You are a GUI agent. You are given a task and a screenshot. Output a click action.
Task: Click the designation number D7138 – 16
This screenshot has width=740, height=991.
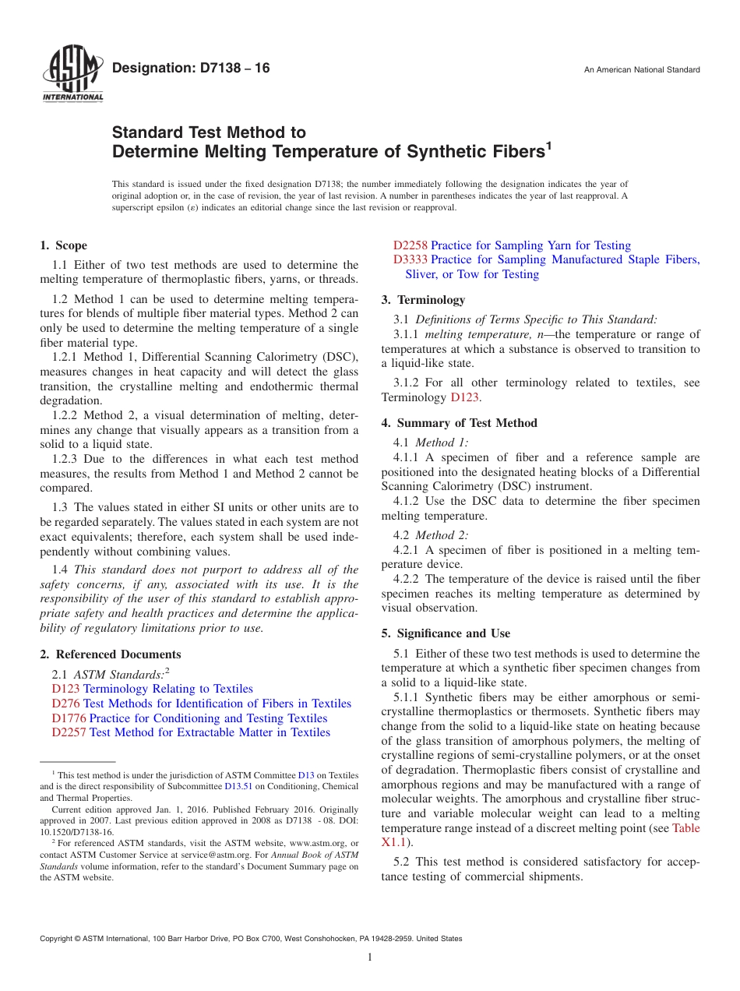pyautogui.click(x=191, y=69)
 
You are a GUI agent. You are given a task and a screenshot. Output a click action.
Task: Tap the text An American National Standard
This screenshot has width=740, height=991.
pyautogui.click(x=641, y=70)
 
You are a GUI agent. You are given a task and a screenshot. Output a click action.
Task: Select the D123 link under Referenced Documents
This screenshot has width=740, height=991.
pyautogui.click(x=66, y=689)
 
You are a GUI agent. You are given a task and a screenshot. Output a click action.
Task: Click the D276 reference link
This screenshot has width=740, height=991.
pyautogui.click(x=66, y=704)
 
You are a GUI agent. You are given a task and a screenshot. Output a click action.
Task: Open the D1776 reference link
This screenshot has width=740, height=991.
pyautogui.click(x=69, y=718)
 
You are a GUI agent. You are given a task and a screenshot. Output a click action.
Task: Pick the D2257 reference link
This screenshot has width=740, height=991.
pyautogui.click(x=69, y=732)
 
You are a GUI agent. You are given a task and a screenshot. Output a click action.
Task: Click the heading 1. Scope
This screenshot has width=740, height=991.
pyautogui.click(x=63, y=245)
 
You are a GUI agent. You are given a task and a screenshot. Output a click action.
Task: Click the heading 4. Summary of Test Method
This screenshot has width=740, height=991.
pyautogui.click(x=459, y=423)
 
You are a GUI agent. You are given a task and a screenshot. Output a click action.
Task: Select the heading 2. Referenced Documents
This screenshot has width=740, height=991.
pyautogui.click(x=110, y=654)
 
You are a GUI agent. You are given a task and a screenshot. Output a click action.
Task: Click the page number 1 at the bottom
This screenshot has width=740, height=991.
pyautogui.click(x=370, y=957)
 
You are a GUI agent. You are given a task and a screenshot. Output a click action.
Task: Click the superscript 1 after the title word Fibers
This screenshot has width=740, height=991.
pyautogui.click(x=548, y=145)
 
